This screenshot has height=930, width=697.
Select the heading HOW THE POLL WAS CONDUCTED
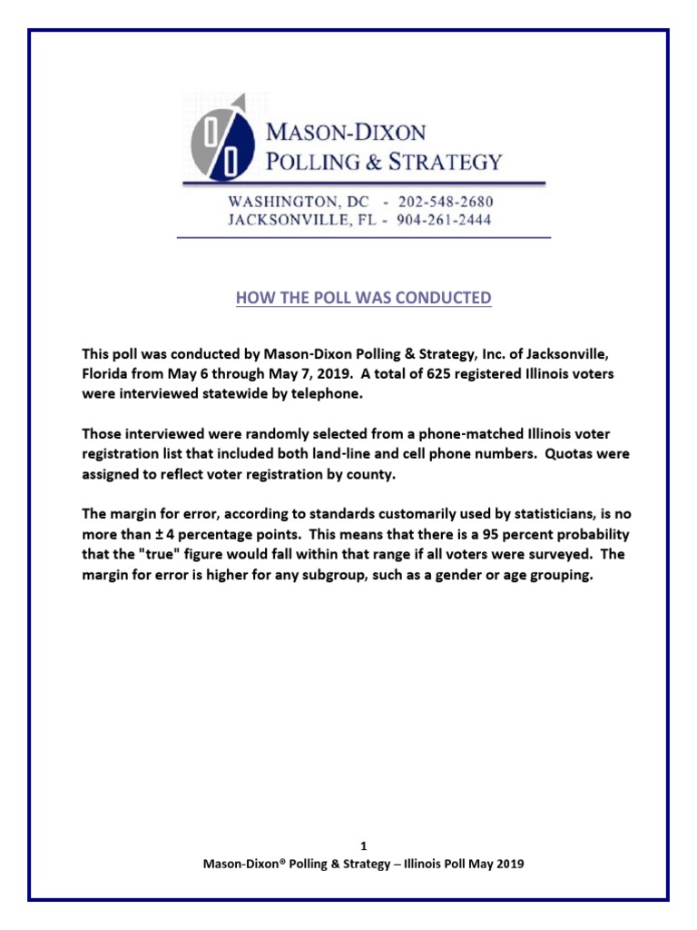[363, 298]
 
